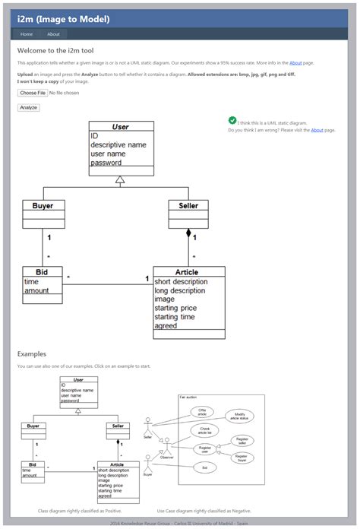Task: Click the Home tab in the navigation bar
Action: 27,34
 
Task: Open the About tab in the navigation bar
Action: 53,34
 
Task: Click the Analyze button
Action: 28,108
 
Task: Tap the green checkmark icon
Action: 232,121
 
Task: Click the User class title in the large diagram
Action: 121,127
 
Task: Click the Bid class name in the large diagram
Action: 43,271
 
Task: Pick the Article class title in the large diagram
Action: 188,271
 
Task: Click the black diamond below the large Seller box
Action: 188,233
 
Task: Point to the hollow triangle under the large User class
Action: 119,179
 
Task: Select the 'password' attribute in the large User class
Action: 106,163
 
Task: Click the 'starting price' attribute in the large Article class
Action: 175,308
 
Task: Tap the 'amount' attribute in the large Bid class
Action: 36,290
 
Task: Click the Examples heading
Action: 32,353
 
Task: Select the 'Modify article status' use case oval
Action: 239,417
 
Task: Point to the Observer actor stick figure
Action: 166,448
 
